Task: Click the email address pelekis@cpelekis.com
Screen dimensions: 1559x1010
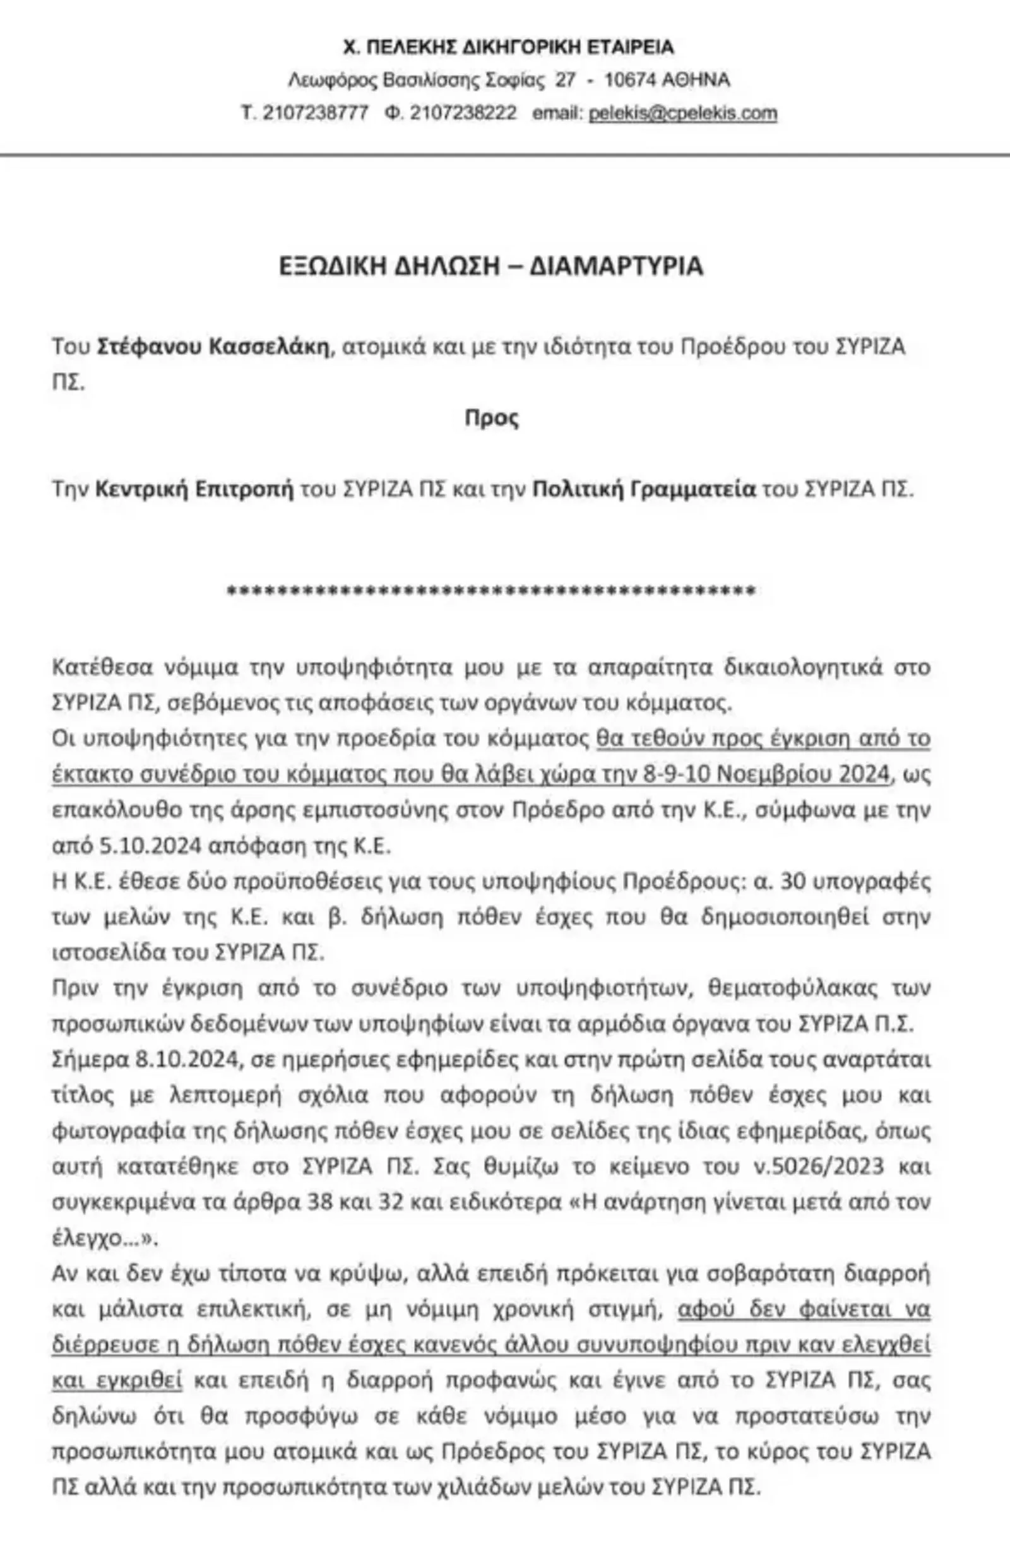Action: (682, 114)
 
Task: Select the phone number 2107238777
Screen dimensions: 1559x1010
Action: (316, 114)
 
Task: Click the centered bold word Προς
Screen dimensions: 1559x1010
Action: (492, 418)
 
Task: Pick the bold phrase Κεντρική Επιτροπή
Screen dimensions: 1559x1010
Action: (194, 490)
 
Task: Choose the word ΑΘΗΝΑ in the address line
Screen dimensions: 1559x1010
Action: (696, 81)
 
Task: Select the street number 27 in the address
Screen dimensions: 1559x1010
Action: (565, 81)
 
